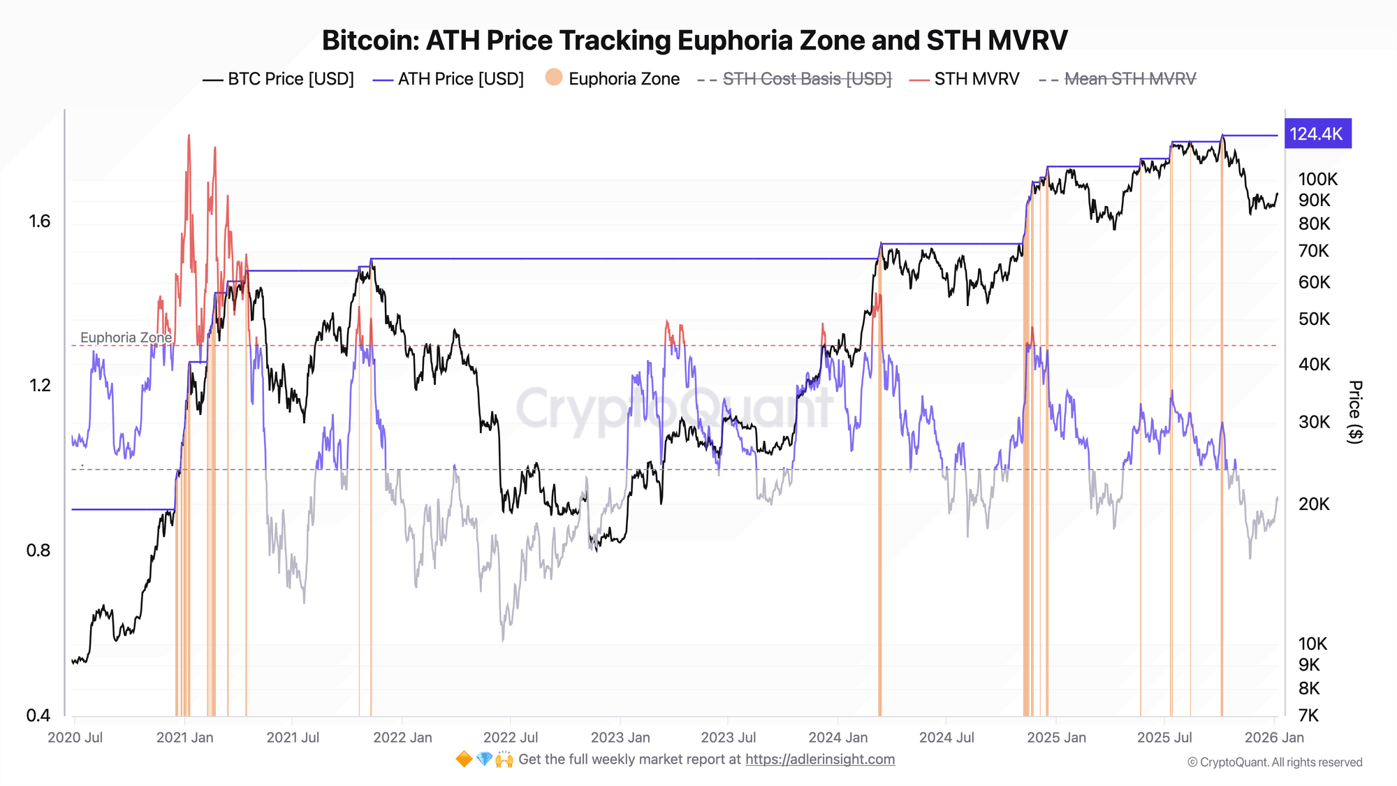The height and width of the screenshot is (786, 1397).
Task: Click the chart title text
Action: (x=694, y=41)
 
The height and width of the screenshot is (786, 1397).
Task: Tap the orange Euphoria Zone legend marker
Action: (x=554, y=78)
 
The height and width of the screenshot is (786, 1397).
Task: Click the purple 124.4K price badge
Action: (x=1317, y=134)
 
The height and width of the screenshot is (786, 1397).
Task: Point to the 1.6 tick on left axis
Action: (x=40, y=221)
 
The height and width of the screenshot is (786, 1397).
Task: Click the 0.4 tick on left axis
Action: (x=38, y=715)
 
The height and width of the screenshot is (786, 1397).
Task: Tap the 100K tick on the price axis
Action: (x=1317, y=180)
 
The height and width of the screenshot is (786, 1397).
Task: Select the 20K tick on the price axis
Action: (x=1314, y=504)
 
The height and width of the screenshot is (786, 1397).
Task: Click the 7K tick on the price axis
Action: (x=1308, y=715)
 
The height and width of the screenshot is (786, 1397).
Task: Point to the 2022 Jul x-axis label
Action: (x=511, y=737)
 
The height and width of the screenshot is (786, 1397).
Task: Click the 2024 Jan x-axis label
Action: (x=838, y=737)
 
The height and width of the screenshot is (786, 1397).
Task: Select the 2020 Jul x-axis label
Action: (x=75, y=737)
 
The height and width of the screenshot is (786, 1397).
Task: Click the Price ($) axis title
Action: (x=1354, y=412)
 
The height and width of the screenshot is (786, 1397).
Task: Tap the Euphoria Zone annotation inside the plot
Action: (x=126, y=337)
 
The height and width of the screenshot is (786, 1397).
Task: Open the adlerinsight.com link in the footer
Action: (x=819, y=759)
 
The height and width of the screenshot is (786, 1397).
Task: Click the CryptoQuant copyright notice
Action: (x=1274, y=762)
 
